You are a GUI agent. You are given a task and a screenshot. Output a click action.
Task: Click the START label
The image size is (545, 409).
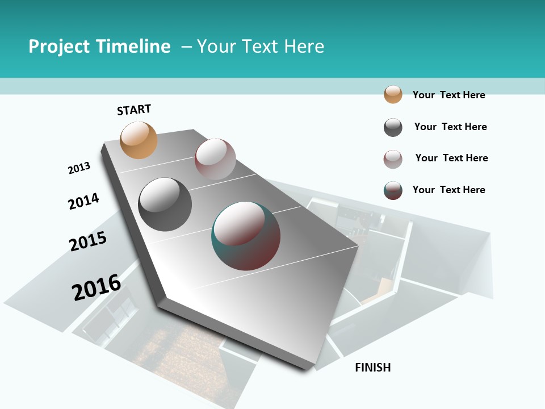(134, 110)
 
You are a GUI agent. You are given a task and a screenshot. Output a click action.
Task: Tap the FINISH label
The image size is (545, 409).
(373, 368)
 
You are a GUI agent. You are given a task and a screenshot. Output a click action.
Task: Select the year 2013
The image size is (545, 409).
(79, 168)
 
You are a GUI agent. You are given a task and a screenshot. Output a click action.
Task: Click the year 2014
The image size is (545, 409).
(83, 202)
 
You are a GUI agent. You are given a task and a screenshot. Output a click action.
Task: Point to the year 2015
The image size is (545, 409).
(88, 242)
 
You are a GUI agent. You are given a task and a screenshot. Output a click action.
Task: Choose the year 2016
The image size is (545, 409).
(97, 287)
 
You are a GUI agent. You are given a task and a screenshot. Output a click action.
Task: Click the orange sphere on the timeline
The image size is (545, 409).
(139, 140)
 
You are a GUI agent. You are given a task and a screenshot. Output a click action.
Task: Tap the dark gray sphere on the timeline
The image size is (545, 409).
(165, 204)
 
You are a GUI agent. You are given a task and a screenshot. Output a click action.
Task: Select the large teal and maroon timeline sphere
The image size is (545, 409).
(246, 236)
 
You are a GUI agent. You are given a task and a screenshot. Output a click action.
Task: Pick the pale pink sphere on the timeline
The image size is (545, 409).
(215, 159)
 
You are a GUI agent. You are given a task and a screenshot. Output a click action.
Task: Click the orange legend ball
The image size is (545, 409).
(393, 94)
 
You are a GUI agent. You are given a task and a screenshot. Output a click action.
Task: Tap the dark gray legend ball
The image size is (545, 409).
(393, 127)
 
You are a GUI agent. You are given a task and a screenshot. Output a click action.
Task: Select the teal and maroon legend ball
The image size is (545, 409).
(393, 190)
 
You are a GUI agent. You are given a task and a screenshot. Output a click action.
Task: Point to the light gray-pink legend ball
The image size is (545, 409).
(393, 159)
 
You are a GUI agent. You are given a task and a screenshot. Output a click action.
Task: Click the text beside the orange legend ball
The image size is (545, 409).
(448, 95)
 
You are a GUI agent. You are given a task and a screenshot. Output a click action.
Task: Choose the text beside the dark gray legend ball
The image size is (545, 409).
(450, 127)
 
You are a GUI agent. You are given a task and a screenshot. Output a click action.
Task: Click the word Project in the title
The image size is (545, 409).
(60, 47)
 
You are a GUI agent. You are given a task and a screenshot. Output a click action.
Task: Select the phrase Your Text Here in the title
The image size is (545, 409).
(261, 47)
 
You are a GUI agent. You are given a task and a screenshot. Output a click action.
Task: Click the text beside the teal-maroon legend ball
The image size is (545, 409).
(448, 190)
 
